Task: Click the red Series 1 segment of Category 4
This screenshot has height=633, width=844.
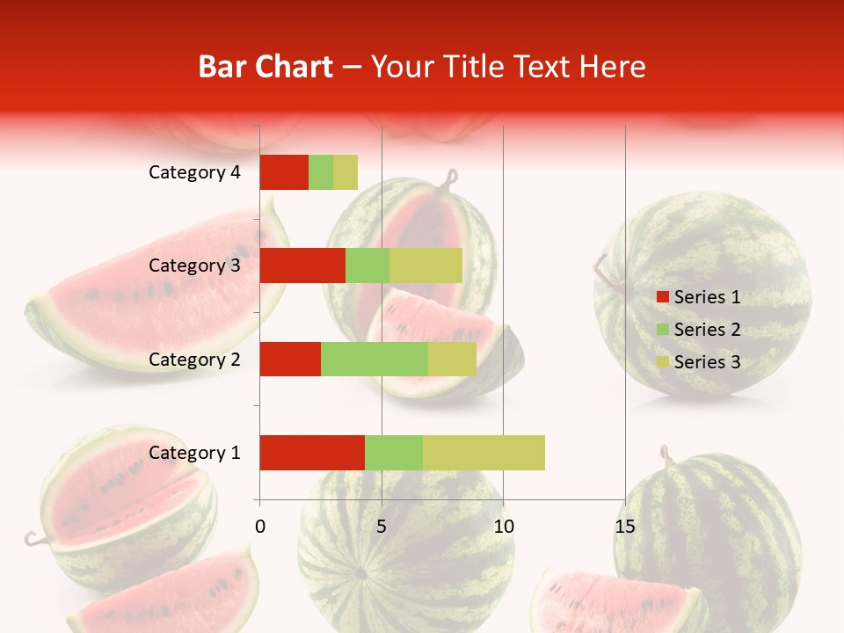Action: (284, 172)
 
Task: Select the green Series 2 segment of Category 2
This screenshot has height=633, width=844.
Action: (375, 359)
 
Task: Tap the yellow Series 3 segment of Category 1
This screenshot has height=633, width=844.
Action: (484, 453)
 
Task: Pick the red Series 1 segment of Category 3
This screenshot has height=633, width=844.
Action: (302, 266)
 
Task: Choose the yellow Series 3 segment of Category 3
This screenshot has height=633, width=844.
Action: (426, 266)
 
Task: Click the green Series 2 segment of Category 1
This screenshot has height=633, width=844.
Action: (394, 453)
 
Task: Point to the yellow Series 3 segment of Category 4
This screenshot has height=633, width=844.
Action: (346, 172)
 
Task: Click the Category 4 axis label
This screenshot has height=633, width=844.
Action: (194, 172)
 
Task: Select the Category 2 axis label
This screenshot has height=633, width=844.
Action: (194, 359)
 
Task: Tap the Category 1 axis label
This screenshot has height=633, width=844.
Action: (194, 453)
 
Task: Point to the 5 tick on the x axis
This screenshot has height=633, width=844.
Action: (382, 527)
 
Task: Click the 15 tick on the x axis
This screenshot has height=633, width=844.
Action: (624, 527)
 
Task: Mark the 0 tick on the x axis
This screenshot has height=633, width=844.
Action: (260, 527)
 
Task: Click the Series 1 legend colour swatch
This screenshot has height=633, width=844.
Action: (662, 297)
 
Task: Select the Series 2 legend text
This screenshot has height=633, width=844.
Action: (707, 330)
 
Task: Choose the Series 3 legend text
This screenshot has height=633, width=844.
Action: (707, 362)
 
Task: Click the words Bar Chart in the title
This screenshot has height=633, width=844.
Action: (266, 67)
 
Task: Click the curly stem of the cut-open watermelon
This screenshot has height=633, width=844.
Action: (451, 180)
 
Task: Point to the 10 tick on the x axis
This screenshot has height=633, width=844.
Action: (503, 527)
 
